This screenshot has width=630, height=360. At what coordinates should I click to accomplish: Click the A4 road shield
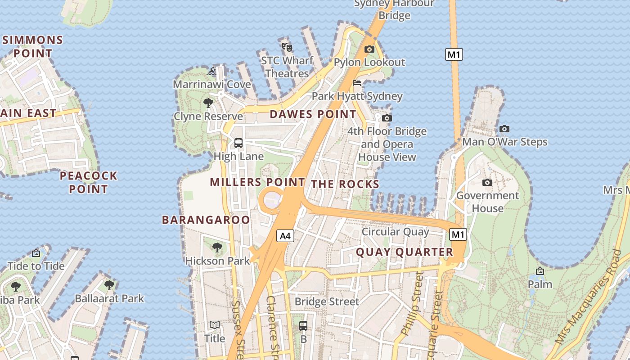tap(285, 236)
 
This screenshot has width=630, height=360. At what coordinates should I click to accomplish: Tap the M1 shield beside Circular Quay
tap(458, 234)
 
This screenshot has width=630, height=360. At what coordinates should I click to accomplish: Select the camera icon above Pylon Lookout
tap(369, 49)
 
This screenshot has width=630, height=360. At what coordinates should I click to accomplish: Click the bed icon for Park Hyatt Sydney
tap(357, 82)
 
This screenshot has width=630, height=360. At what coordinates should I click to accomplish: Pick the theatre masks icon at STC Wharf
tap(287, 47)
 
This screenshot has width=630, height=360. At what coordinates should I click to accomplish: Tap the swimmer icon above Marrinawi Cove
tap(212, 71)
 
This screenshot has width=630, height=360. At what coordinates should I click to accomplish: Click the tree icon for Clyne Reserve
tap(208, 103)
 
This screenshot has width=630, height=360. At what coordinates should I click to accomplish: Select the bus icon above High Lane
tap(238, 143)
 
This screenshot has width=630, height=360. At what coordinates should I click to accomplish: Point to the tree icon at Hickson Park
tap(217, 247)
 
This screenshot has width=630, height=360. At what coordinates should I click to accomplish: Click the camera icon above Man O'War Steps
tap(504, 129)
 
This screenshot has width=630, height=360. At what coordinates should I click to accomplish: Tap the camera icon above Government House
tap(487, 182)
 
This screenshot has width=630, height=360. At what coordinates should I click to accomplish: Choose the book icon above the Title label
tap(215, 325)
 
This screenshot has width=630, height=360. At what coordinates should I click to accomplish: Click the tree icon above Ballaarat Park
tap(109, 285)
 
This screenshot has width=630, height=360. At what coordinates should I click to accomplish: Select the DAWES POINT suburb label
tap(313, 114)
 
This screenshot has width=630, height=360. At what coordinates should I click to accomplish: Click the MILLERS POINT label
tap(257, 182)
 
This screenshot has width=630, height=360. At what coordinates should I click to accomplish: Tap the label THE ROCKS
tap(345, 184)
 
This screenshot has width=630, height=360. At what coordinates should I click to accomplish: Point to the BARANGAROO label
tap(206, 220)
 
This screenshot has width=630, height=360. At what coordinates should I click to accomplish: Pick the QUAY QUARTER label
tap(404, 252)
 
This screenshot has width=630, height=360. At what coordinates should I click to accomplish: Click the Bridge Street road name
tap(327, 301)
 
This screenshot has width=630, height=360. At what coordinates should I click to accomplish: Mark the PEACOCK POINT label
tap(89, 182)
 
